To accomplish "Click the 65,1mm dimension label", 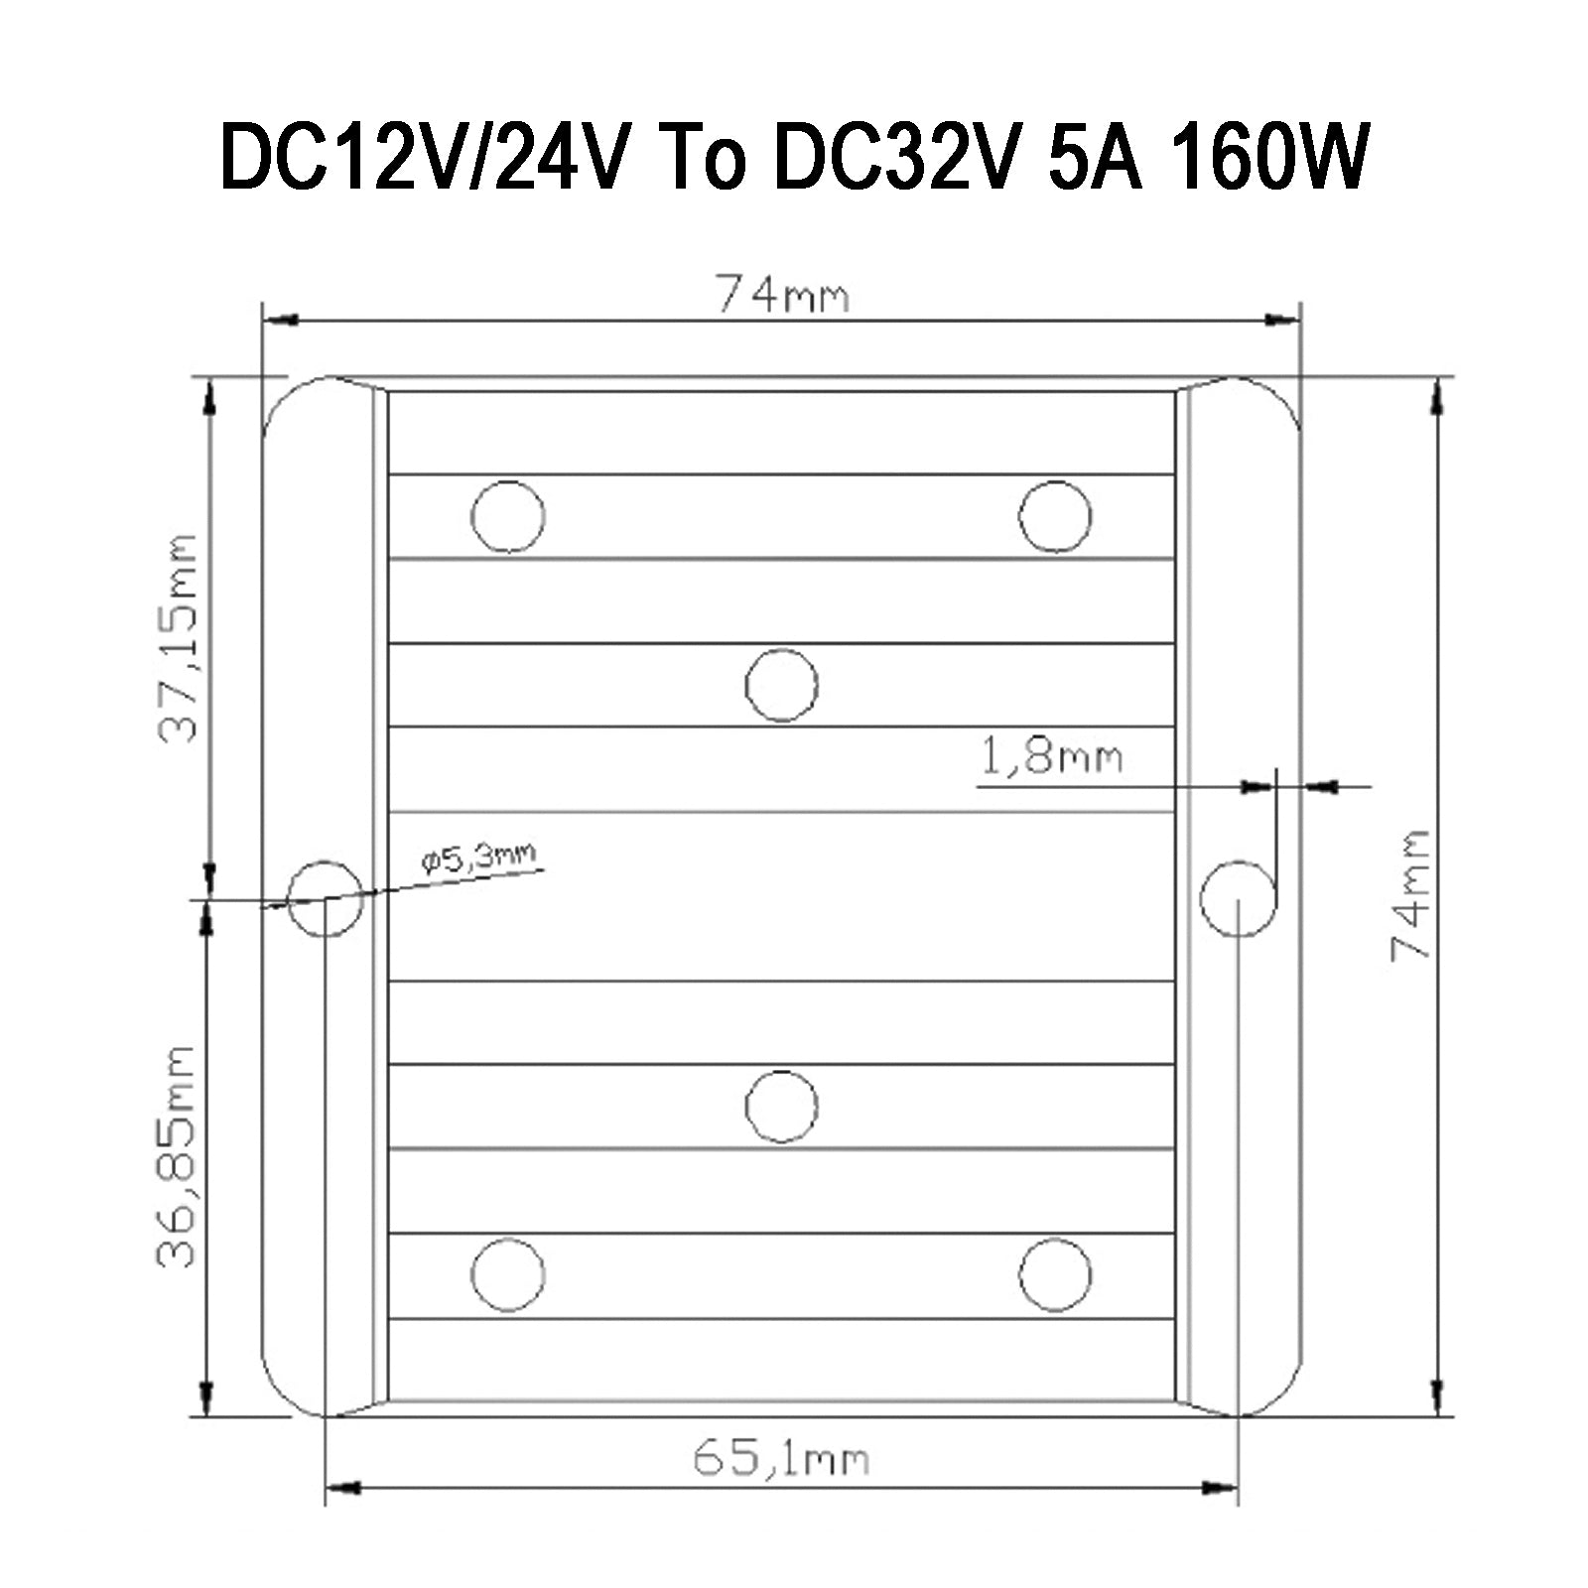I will [781, 1460].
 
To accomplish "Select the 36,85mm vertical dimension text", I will [180, 1156].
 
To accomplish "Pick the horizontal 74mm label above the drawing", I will [783, 295].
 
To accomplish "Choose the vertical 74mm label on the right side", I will [1410, 893].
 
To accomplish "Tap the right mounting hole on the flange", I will [1237, 898].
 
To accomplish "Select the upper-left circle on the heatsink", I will [508, 516].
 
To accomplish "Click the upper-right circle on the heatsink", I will [1055, 516].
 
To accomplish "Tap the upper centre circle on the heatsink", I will [781, 685].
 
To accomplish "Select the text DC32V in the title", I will [893, 157].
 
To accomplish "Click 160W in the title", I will [1268, 157].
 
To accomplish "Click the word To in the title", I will [701, 157].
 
